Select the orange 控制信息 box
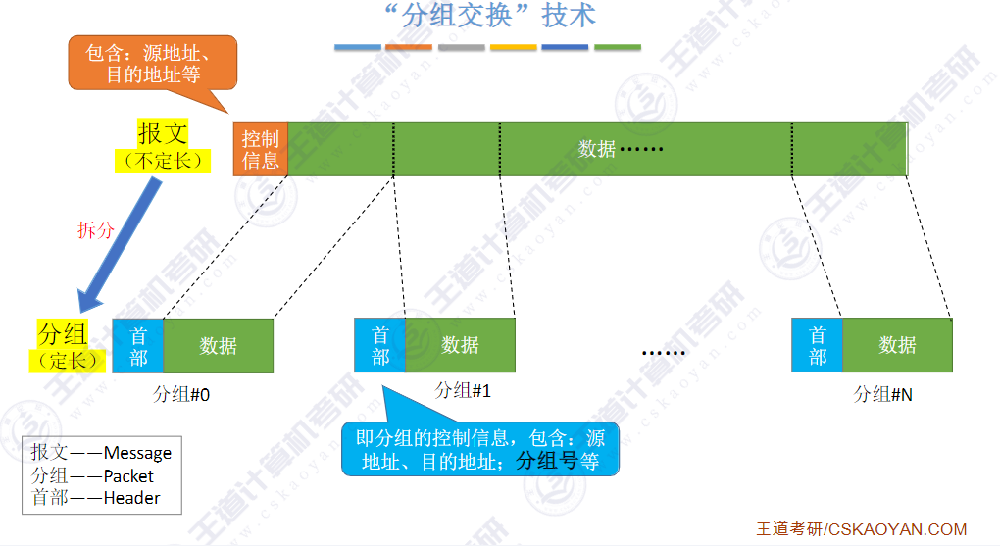[260, 149]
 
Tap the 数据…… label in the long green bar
[621, 149]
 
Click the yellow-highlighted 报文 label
[162, 134]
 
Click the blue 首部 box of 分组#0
[138, 345]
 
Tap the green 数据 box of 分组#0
[218, 345]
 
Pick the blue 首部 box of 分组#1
[379, 345]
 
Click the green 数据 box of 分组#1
[460, 345]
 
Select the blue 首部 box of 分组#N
[817, 345]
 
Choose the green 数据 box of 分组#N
[897, 345]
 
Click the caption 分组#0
[182, 394]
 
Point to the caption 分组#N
[882, 394]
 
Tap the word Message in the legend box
[137, 453]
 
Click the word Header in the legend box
[131, 498]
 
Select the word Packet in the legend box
[128, 475]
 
